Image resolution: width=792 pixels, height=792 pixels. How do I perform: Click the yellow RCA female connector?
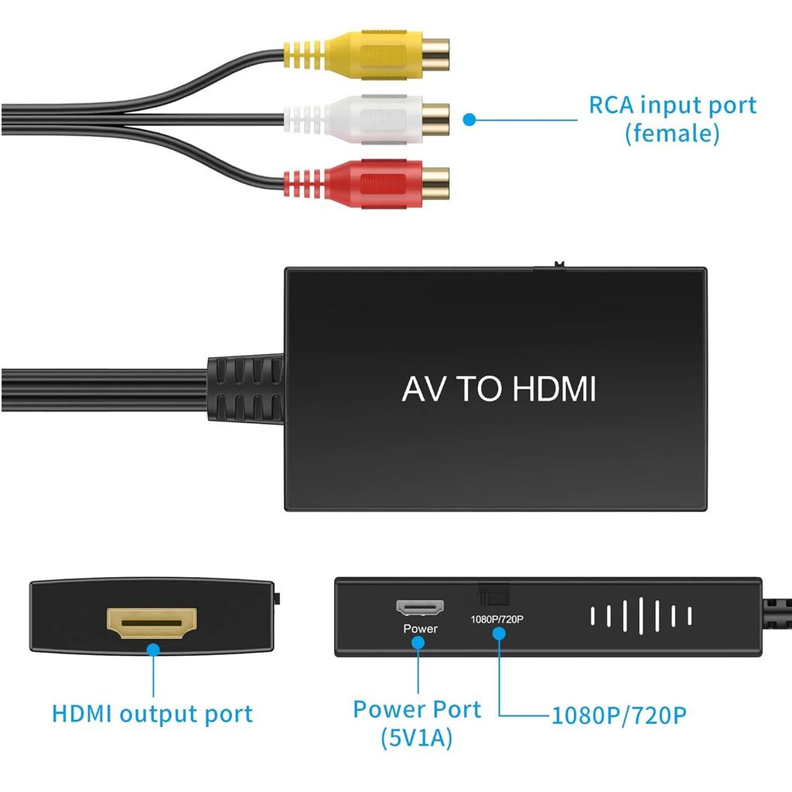point(366,55)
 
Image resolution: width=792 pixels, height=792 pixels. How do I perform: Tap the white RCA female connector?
point(366,120)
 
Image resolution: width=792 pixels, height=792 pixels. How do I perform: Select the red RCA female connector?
point(366,184)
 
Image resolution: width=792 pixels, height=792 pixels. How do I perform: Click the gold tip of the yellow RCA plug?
point(435,55)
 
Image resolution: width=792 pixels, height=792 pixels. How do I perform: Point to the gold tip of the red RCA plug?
point(435,184)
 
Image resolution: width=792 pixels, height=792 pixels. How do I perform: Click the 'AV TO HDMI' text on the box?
point(499,389)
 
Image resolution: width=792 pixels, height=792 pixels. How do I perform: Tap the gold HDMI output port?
point(152,623)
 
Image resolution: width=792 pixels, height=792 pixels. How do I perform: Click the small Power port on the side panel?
point(420,607)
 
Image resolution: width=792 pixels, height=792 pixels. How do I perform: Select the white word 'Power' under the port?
point(420,629)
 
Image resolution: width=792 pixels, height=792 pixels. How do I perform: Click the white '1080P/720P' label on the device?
point(497,620)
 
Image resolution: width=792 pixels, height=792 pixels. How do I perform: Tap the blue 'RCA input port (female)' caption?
point(673,119)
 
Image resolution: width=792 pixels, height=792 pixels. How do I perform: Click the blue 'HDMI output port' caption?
point(152,714)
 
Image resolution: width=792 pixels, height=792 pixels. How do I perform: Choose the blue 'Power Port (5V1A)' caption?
point(417,723)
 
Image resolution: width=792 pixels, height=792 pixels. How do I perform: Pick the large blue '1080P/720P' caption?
point(619,715)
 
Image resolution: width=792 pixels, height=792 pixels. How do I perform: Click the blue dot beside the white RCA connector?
point(469,120)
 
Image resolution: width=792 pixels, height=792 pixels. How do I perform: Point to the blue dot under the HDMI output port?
point(153,650)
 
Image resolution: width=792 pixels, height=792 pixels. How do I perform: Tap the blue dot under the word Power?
point(418,643)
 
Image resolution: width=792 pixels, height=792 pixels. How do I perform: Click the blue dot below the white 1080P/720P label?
point(499,633)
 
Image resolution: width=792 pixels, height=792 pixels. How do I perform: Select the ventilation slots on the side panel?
point(641,616)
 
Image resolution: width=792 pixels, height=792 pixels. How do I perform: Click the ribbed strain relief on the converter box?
point(245,389)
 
